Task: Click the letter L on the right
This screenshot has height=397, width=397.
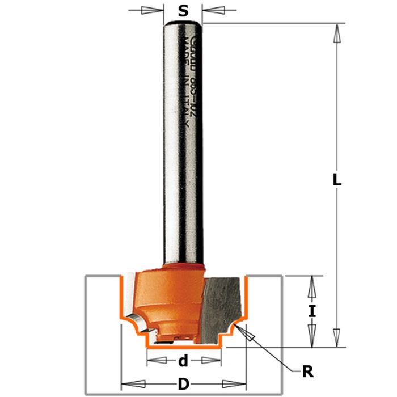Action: click(337, 181)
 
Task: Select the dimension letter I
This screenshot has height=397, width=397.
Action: click(311, 311)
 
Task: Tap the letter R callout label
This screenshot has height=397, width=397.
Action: click(308, 372)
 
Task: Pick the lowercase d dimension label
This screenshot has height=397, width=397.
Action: click(183, 361)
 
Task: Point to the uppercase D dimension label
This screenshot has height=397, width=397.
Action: click(183, 384)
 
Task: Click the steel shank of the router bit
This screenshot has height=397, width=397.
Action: click(183, 142)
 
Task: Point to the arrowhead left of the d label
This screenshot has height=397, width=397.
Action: click(156, 361)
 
